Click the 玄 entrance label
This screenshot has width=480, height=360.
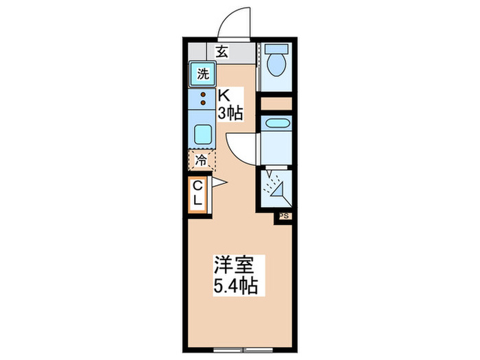pyautogui.click(x=222, y=51)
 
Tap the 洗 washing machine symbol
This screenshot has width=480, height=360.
pyautogui.click(x=202, y=74)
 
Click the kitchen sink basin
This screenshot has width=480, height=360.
pyautogui.click(x=203, y=134)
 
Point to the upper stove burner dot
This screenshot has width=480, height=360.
pyautogui.click(x=203, y=95)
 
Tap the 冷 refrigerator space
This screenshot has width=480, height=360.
pyautogui.click(x=202, y=161)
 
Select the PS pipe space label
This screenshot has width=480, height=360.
pyautogui.click(x=285, y=215)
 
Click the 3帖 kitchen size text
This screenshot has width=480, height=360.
pyautogui.click(x=230, y=113)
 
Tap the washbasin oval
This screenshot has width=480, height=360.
pyautogui.click(x=277, y=123)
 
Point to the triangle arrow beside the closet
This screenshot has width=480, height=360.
pyautogui.click(x=219, y=182)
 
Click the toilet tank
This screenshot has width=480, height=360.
pyautogui.click(x=277, y=50)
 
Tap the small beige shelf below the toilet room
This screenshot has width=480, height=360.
pyautogui.click(x=276, y=104)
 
